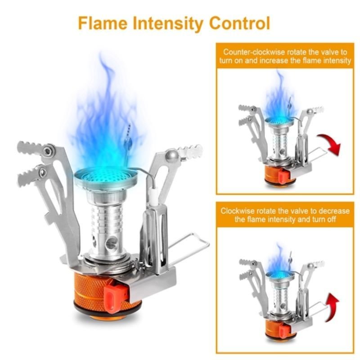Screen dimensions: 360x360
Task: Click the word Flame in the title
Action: (x=103, y=23)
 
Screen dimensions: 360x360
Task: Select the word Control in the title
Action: (x=240, y=23)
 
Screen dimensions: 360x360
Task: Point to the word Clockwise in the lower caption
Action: (x=238, y=211)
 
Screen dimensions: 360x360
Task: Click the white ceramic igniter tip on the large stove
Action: (x=153, y=197)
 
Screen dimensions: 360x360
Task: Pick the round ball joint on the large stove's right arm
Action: (x=173, y=156)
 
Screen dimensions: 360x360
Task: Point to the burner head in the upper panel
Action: (x=279, y=121)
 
